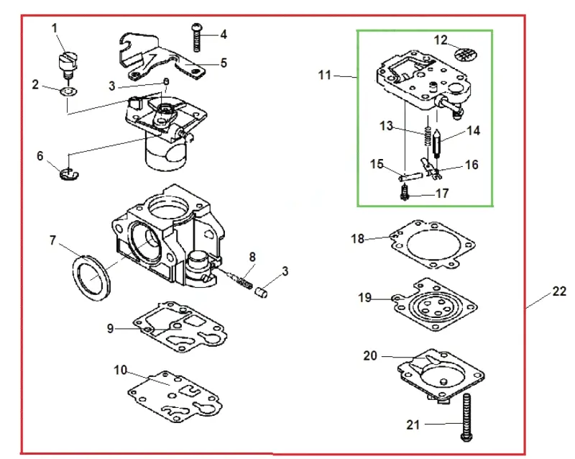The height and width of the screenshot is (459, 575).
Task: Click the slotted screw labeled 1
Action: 68,65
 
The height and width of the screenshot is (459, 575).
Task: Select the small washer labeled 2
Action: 68,91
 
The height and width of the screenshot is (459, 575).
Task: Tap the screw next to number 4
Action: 197,37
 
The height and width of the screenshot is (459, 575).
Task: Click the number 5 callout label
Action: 224,63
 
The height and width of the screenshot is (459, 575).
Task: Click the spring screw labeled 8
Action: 241,280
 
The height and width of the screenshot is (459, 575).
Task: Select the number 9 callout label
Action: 111,328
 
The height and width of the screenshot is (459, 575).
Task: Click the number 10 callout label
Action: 120,370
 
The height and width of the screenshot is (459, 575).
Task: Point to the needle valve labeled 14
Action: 437,144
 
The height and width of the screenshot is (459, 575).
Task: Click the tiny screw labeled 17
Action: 405,192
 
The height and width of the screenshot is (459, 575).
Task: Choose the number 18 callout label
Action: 357,239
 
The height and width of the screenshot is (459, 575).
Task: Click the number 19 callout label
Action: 364,297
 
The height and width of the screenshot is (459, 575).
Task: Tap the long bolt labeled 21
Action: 466,417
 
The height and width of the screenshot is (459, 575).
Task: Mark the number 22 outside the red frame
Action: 559,291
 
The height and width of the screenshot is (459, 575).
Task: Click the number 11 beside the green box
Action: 325,75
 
